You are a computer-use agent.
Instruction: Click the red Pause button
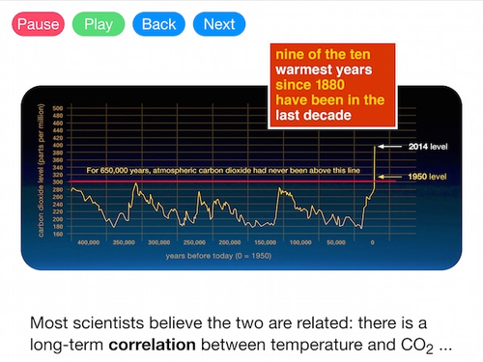(x=38, y=23)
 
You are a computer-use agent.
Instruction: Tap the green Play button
(x=99, y=23)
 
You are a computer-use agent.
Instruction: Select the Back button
(x=158, y=23)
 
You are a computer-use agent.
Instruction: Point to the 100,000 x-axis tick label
(x=300, y=243)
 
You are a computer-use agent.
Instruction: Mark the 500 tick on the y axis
(x=58, y=108)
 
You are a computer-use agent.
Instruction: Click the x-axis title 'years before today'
(x=217, y=258)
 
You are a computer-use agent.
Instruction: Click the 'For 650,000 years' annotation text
(x=223, y=171)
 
